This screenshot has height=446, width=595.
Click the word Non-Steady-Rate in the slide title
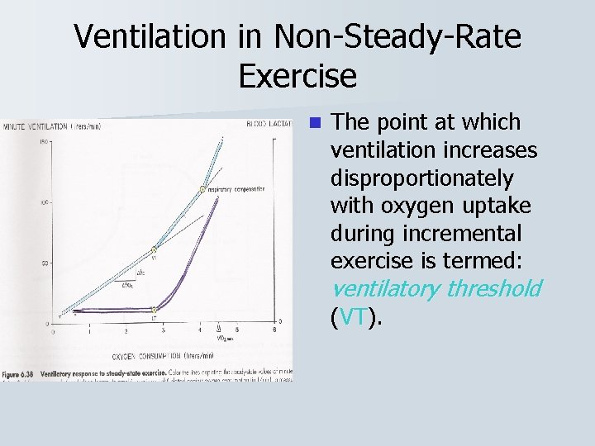point(393,37)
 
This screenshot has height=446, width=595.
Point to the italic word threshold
point(493,288)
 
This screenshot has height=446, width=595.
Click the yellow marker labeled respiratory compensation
point(202,189)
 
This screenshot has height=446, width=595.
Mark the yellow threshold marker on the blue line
point(154,249)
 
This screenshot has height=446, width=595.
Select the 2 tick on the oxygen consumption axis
point(126,330)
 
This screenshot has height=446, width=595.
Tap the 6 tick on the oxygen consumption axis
point(274,330)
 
